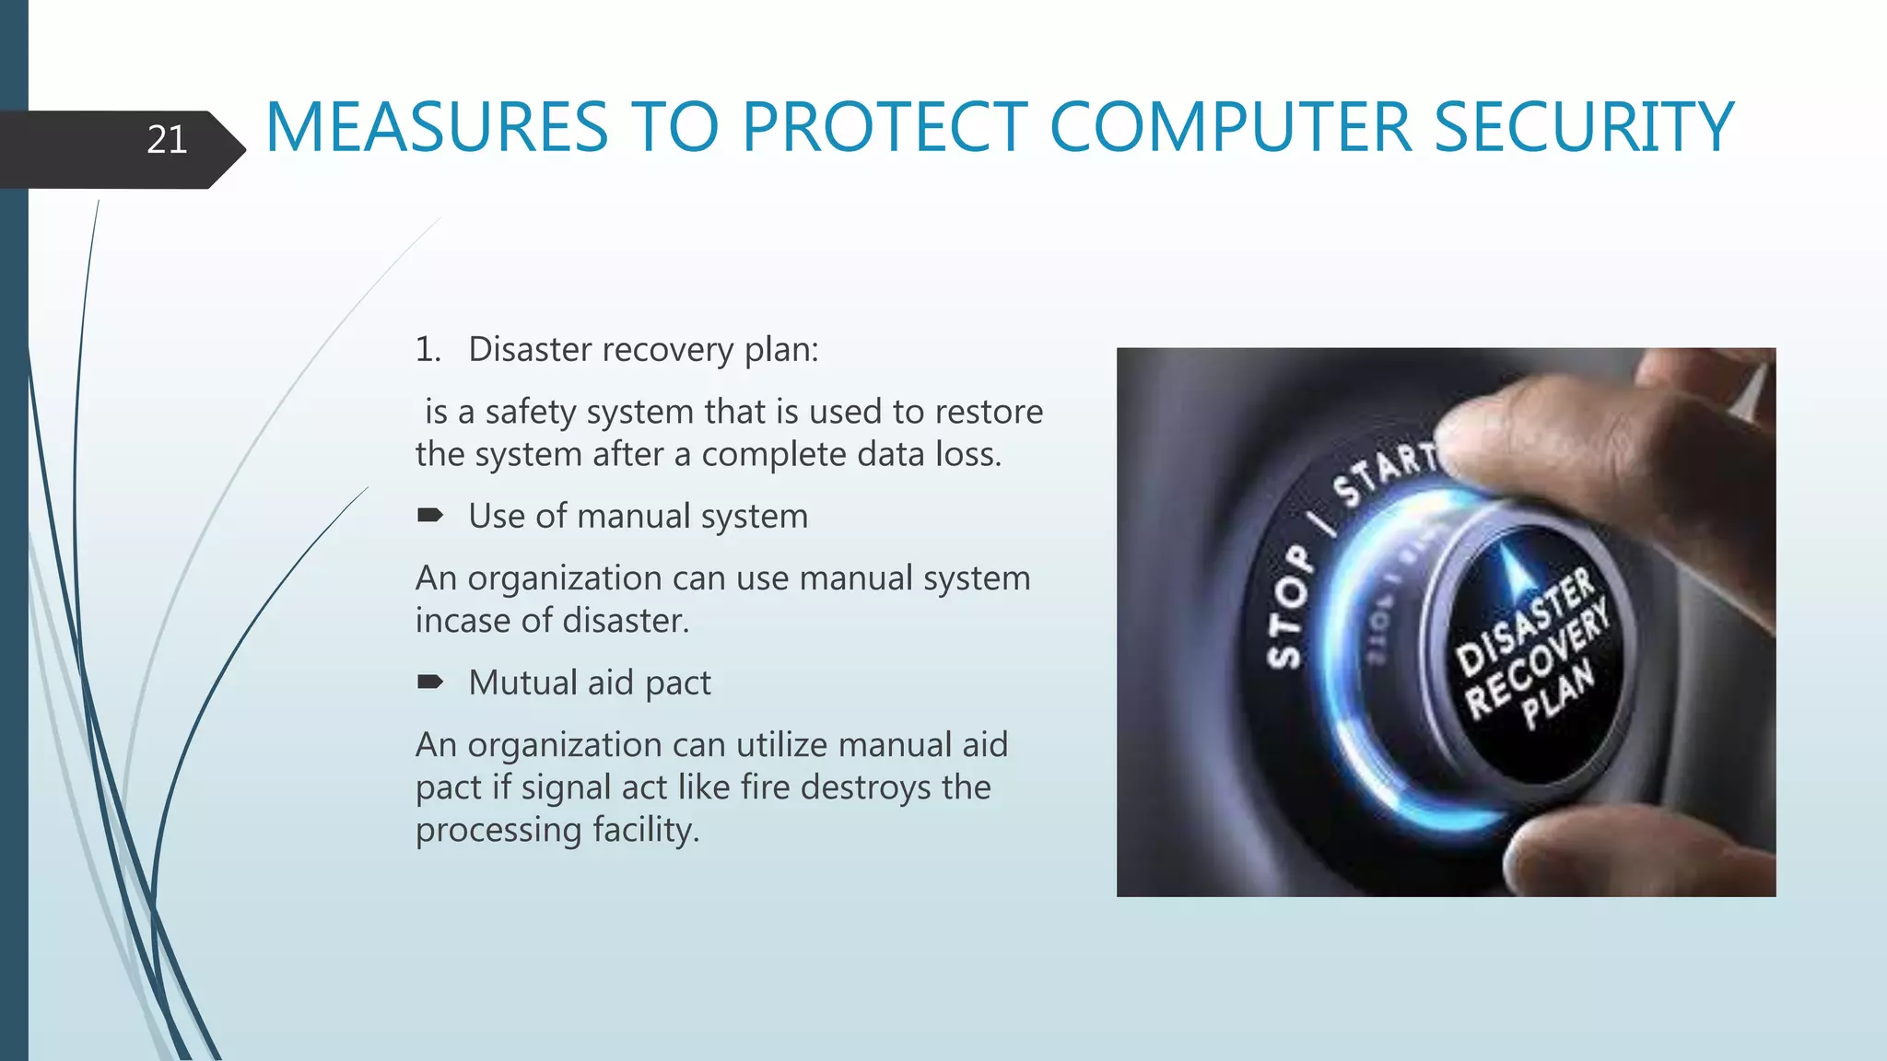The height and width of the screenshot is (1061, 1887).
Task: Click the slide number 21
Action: tap(167, 140)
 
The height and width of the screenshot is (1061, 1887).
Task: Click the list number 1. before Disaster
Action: tap(428, 350)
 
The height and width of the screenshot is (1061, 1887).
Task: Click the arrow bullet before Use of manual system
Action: tap(429, 516)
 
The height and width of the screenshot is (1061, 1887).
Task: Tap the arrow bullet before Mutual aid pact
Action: tap(429, 682)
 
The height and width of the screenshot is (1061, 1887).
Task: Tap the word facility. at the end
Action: tap(646, 830)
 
